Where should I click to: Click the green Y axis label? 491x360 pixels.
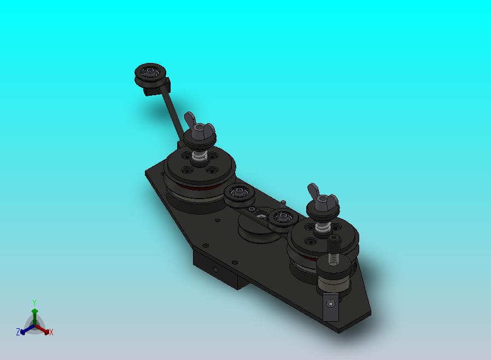coord(34,303)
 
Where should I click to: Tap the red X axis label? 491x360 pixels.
coord(51,332)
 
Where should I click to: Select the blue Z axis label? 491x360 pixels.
coord(18,332)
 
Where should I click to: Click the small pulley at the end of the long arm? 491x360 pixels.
coord(150,74)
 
